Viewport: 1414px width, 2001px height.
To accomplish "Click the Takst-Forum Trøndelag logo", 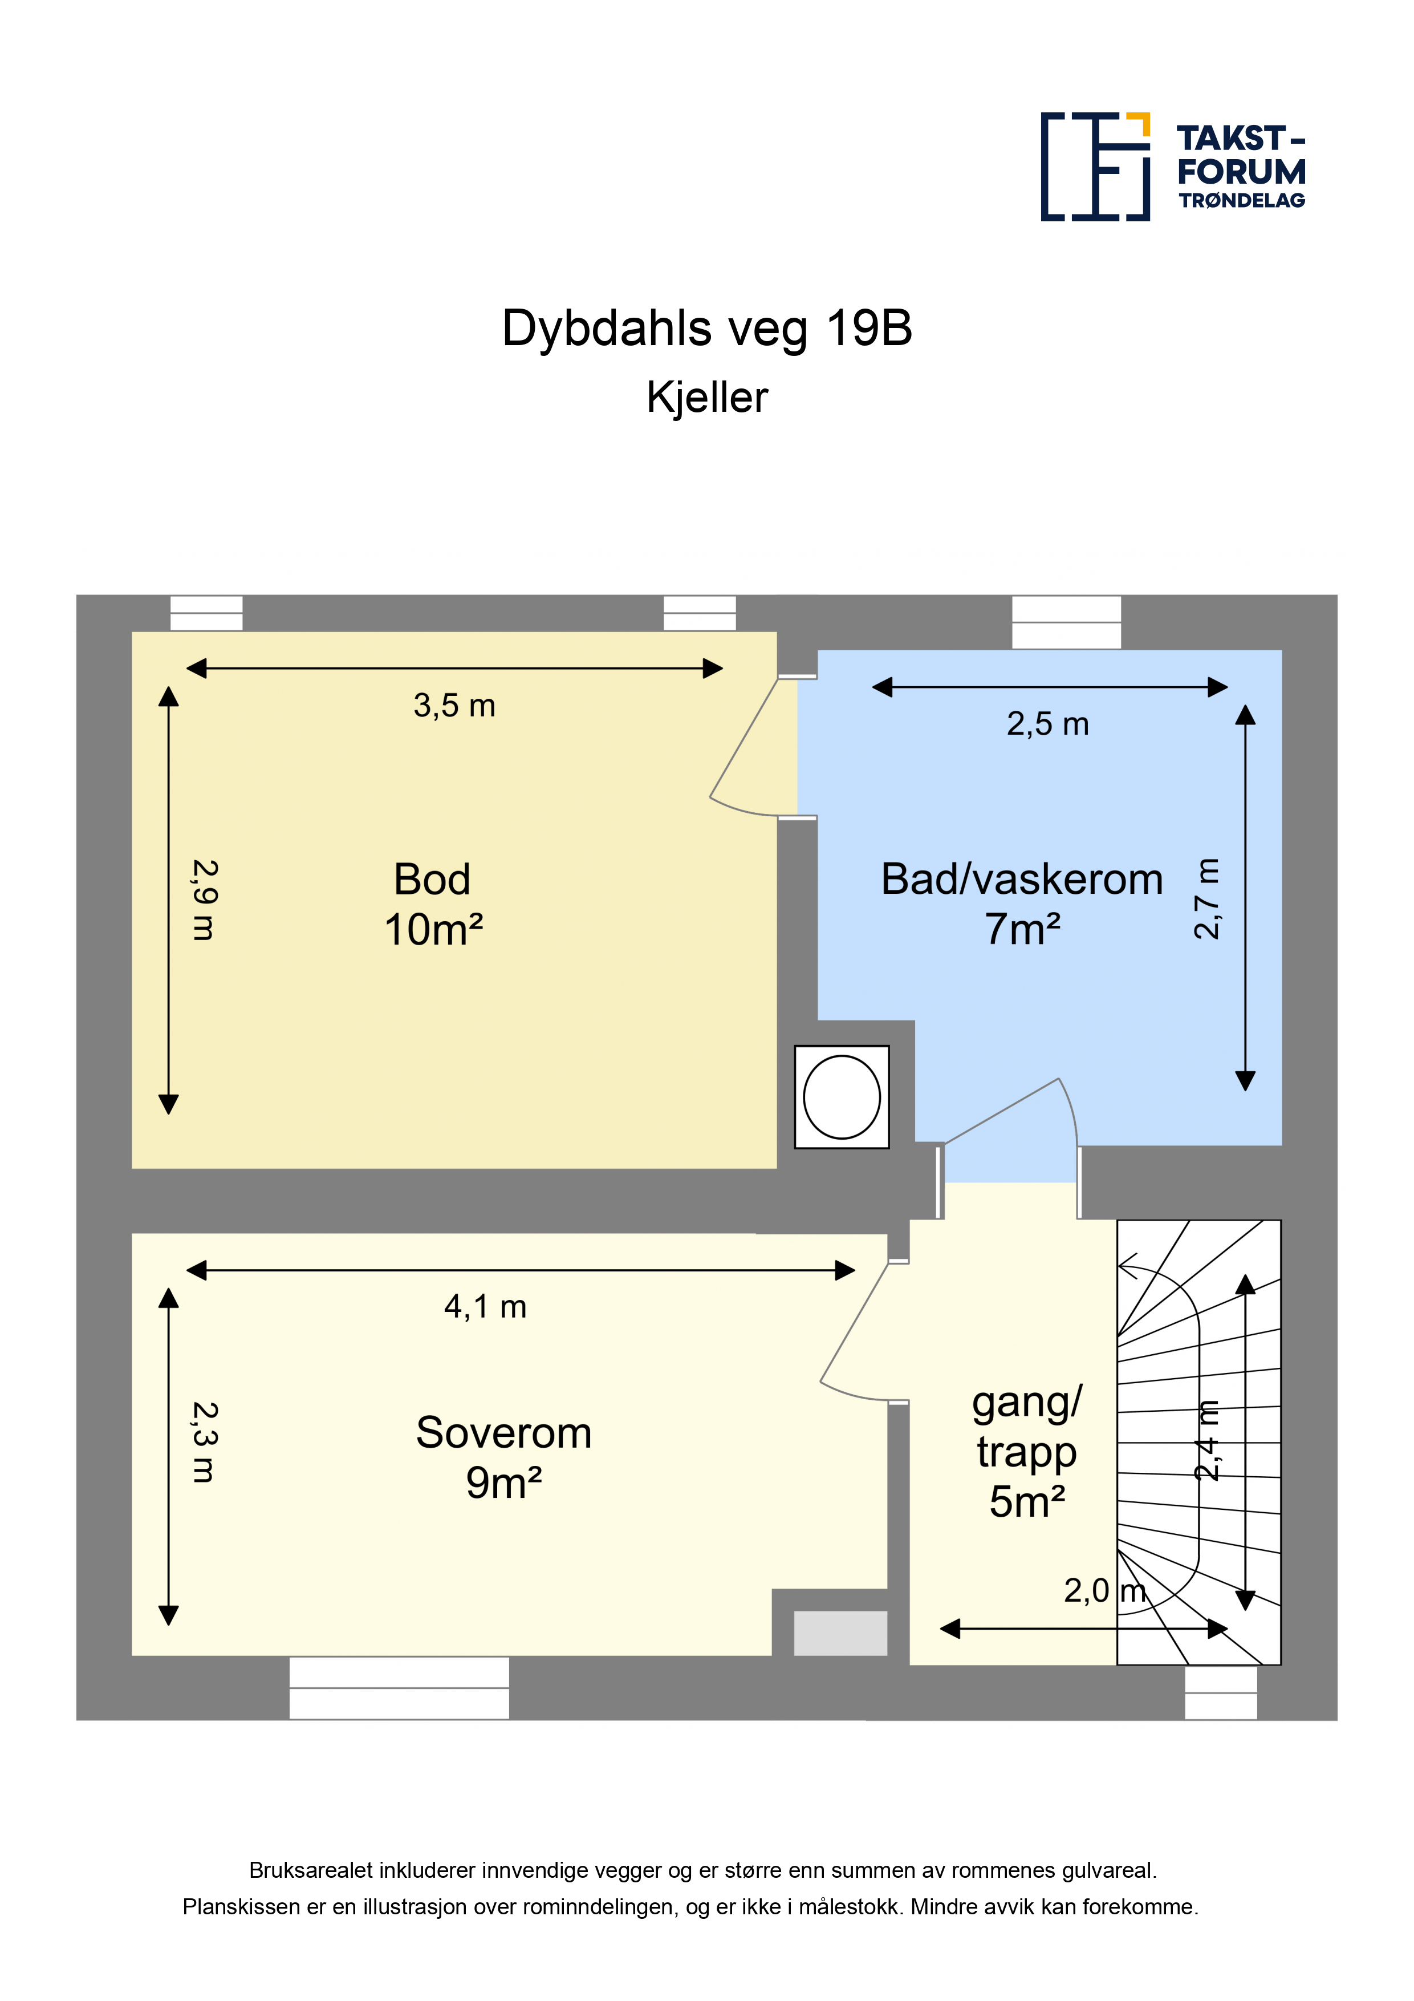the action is [x=1173, y=167].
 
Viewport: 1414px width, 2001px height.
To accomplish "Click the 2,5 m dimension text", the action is [x=1048, y=724].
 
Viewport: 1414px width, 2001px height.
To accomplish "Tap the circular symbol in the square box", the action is [x=842, y=1097].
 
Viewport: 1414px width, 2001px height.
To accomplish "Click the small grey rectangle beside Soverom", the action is [x=841, y=1633].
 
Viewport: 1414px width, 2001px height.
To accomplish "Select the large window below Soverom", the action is [x=399, y=1687].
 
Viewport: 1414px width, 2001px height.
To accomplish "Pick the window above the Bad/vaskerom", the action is [x=1066, y=622].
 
